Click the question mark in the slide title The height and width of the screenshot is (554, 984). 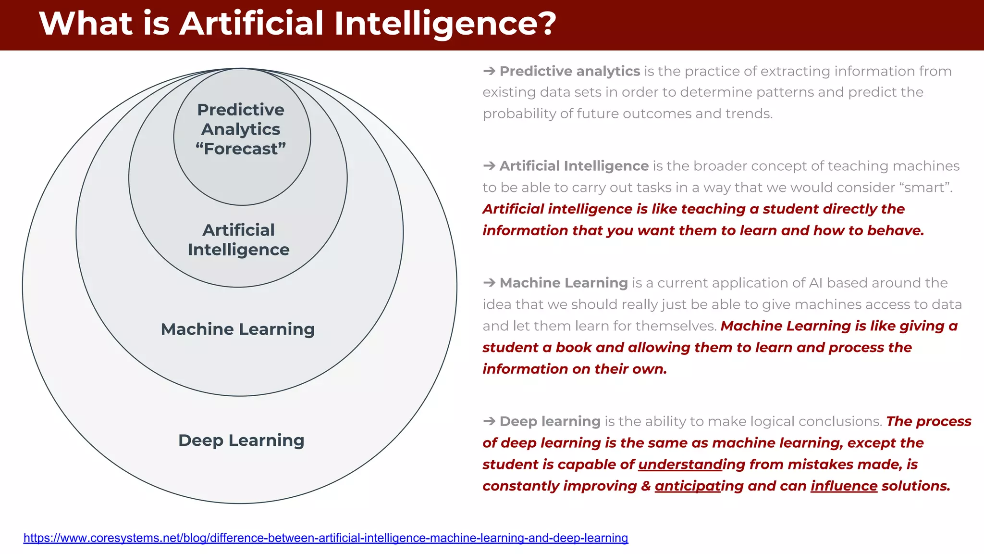coord(544,23)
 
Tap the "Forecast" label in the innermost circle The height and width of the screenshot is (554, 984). coord(241,149)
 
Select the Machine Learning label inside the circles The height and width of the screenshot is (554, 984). coord(237,329)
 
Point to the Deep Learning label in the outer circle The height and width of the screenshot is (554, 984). coord(241,440)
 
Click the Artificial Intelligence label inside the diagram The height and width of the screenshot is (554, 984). coord(238,239)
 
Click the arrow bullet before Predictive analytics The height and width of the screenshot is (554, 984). coord(489,71)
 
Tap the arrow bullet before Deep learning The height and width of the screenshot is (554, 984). coord(489,421)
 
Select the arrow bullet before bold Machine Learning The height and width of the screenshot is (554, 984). coord(489,283)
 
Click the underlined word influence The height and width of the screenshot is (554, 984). coord(844,486)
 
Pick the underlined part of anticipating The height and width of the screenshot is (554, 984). coord(688,486)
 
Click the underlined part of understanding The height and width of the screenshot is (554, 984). coord(680,464)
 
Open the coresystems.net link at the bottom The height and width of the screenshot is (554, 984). coord(325,538)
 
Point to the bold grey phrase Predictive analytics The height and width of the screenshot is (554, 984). coord(569,71)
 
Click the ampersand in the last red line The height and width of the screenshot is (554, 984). coord(646,486)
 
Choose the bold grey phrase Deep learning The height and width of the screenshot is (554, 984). coord(550,421)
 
